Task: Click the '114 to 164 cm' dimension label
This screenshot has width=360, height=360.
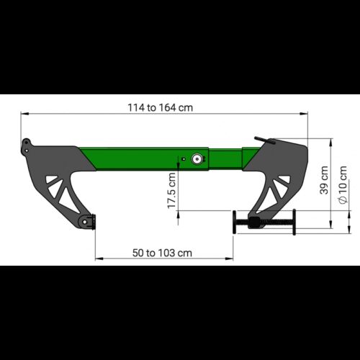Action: tap(160, 107)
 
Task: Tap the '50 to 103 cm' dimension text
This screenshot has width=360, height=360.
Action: tap(162, 253)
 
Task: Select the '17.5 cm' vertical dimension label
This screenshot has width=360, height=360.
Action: tap(172, 191)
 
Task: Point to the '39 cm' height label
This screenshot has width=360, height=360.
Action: tap(324, 180)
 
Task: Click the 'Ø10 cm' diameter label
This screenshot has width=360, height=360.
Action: tap(343, 184)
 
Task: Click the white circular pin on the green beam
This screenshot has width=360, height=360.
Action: tap(197, 159)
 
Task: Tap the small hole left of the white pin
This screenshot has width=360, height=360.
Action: tap(184, 159)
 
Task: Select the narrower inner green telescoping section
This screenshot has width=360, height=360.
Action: tap(225, 159)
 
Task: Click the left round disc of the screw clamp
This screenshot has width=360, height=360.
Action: tap(235, 222)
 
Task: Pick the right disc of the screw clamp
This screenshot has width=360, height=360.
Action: tap(294, 222)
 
